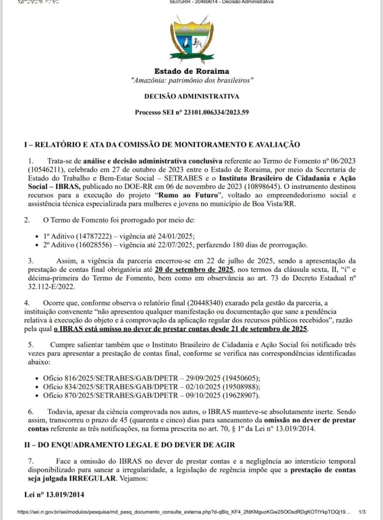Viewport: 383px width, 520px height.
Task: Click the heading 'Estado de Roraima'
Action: tap(191, 72)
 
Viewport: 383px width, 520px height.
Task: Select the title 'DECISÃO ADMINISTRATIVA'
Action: tap(191, 96)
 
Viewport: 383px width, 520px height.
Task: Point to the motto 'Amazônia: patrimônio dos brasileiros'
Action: tap(191, 80)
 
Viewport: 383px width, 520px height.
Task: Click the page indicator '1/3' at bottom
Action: tap(362, 513)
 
